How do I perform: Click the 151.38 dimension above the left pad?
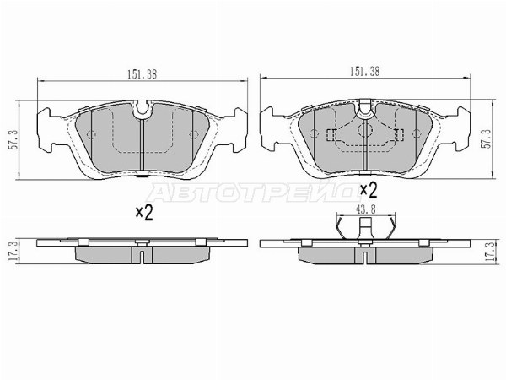(142, 74)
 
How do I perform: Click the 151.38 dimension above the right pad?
(364, 72)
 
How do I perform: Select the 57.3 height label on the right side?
(487, 138)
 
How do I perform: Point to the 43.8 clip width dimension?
(366, 209)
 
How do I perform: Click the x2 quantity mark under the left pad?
(144, 213)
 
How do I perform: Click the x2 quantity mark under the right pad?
(369, 190)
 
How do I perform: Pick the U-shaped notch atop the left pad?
(142, 111)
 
